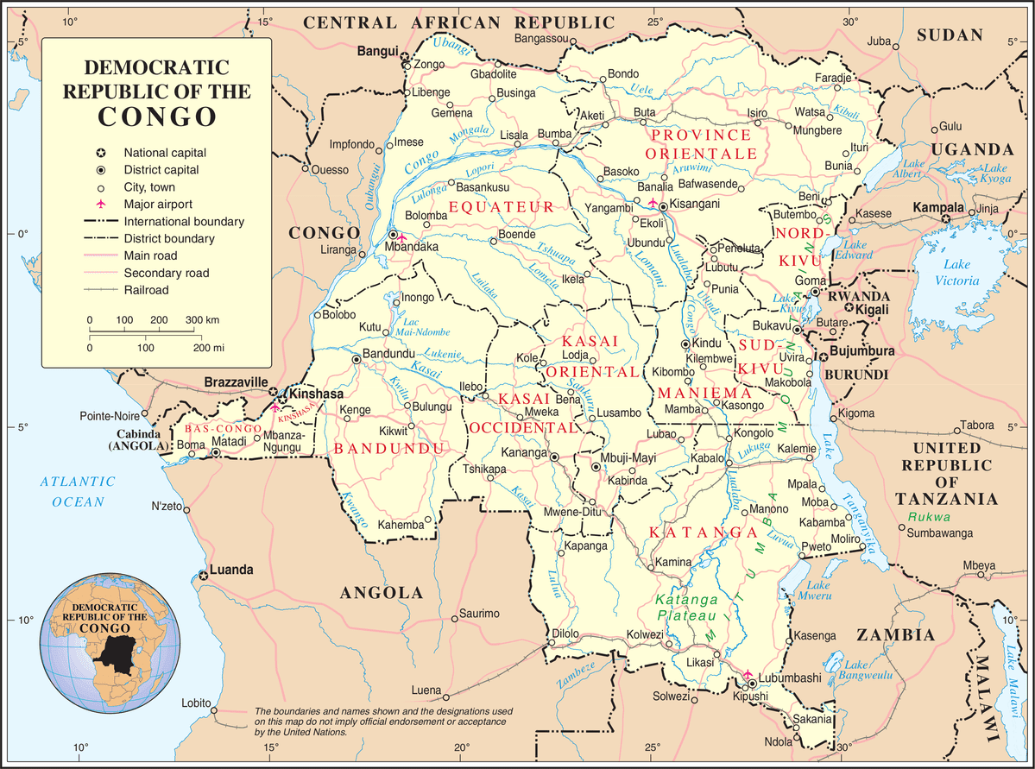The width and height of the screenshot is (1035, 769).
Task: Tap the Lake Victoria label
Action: point(962,272)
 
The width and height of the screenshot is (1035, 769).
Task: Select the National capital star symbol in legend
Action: point(101,152)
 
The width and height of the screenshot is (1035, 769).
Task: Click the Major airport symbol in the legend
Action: point(101,205)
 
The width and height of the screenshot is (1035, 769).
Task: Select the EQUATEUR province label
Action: point(501,207)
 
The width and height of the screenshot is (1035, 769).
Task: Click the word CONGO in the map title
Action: point(156,116)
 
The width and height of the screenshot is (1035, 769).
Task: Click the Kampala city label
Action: point(938,209)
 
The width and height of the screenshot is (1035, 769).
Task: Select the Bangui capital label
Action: point(377,52)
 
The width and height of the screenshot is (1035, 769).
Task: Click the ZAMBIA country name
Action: point(895,635)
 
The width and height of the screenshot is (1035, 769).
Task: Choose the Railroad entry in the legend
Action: point(146,291)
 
